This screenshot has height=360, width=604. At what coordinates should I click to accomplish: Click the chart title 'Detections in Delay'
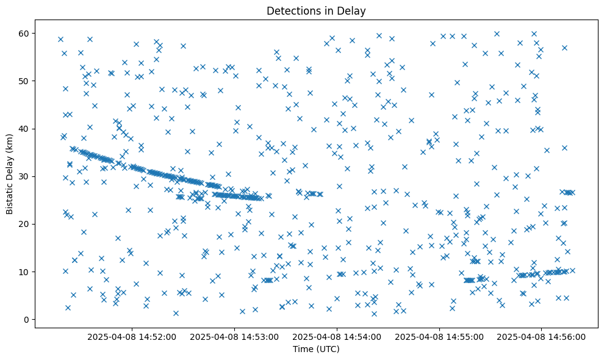click(316, 10)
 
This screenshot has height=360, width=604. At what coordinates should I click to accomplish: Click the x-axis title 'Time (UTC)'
click(316, 349)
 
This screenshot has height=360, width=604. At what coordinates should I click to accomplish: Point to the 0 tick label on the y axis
click(26, 319)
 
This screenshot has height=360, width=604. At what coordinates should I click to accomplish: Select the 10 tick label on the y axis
click(24, 272)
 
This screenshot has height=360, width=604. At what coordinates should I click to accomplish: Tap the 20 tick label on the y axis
click(24, 224)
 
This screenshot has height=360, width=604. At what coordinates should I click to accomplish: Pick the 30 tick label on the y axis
click(24, 176)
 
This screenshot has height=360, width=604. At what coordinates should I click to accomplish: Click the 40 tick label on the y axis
click(24, 129)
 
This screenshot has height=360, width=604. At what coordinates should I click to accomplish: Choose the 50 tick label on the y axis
click(24, 81)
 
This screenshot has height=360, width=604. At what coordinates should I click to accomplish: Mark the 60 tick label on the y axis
click(24, 33)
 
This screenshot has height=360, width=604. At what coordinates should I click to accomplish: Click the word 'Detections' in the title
click(291, 10)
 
